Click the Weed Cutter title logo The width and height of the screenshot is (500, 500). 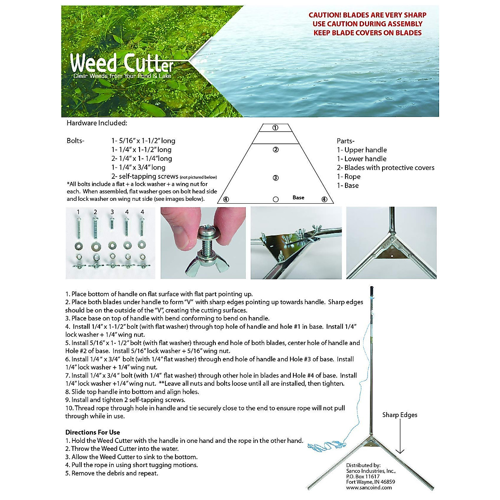pyautogui.click(x=122, y=64)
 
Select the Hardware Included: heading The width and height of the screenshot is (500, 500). pyautogui.click(x=97, y=123)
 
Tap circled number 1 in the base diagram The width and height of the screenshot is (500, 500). pyautogui.click(x=275, y=128)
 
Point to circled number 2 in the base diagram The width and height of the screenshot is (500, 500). pyautogui.click(x=275, y=150)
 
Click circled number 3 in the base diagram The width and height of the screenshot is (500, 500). pyautogui.click(x=275, y=178)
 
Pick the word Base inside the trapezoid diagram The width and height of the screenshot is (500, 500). pyautogui.click(x=298, y=197)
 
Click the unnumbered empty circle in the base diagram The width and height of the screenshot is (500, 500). pyautogui.click(x=275, y=200)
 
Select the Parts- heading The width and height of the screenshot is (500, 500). pyautogui.click(x=345, y=141)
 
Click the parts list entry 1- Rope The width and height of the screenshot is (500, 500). pyautogui.click(x=349, y=177)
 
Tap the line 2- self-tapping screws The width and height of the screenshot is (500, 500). pyautogui.click(x=145, y=176)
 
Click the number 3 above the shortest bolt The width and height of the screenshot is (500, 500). pyautogui.click(x=112, y=212)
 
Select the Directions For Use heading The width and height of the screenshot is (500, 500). pyautogui.click(x=92, y=432)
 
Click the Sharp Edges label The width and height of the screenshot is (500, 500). pyautogui.click(x=400, y=415)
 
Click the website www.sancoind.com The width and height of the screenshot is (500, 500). pyautogui.click(x=369, y=487)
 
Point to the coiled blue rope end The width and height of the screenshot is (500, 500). pyautogui.click(x=322, y=447)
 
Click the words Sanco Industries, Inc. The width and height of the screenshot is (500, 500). pyautogui.click(x=371, y=471)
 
